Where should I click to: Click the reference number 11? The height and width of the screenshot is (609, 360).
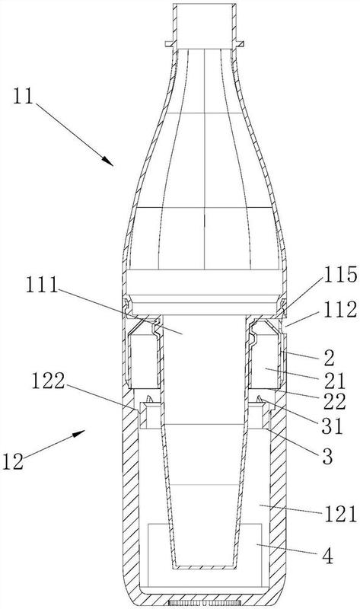click(24, 96)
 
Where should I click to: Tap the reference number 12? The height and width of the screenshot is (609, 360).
click(13, 461)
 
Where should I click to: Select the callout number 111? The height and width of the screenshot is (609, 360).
click(42, 286)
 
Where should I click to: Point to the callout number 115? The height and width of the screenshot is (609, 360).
click(340, 275)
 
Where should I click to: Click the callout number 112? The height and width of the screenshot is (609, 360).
click(340, 310)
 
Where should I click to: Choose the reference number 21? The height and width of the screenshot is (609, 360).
click(334, 381)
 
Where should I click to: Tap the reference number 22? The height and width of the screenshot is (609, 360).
click(334, 402)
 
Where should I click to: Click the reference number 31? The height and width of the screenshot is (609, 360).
click(333, 426)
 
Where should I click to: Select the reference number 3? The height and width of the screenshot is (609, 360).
click(327, 457)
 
